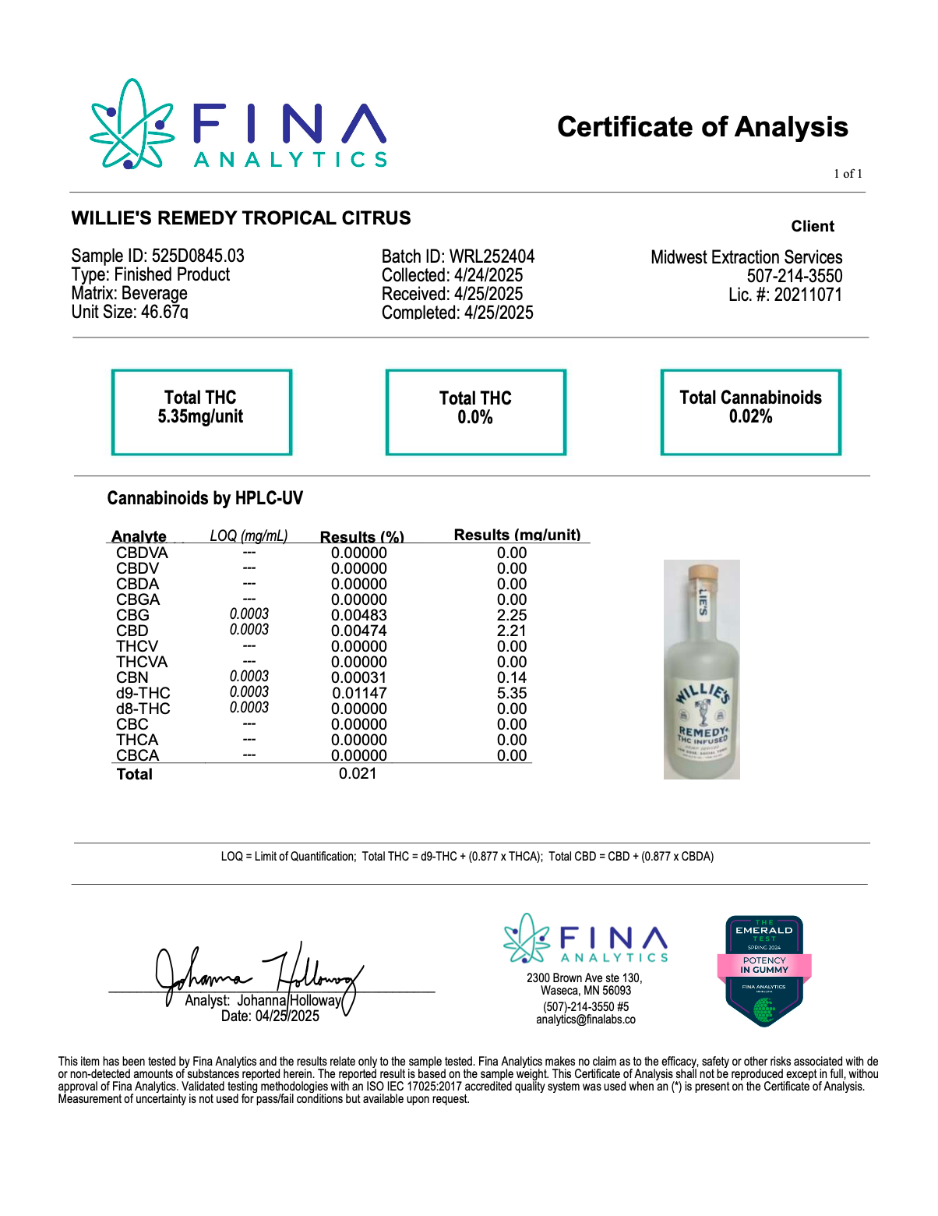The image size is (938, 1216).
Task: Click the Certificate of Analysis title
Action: (x=702, y=127)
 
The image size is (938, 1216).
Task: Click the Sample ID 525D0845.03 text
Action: (x=157, y=256)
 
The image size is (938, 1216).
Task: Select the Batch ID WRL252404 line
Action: (x=458, y=256)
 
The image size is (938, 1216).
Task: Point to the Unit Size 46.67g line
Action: (x=129, y=312)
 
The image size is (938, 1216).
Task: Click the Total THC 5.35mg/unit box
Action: (x=201, y=412)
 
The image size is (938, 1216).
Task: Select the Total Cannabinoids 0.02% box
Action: (x=750, y=412)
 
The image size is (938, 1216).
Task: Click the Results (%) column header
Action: (x=362, y=536)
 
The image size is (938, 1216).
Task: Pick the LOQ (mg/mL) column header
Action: (x=249, y=536)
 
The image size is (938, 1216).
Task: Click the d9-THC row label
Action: (x=143, y=693)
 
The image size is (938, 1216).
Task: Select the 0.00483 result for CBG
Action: (x=358, y=615)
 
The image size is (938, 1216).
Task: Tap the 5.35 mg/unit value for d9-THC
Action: (x=512, y=693)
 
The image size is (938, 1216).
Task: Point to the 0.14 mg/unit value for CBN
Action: (x=512, y=677)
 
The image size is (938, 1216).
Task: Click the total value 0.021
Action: (x=358, y=773)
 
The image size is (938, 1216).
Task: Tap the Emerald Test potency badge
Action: (x=764, y=970)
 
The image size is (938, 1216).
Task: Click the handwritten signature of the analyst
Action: (x=257, y=974)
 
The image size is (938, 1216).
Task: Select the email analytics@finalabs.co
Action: (x=585, y=1020)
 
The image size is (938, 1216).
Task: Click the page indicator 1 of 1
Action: (x=848, y=174)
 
